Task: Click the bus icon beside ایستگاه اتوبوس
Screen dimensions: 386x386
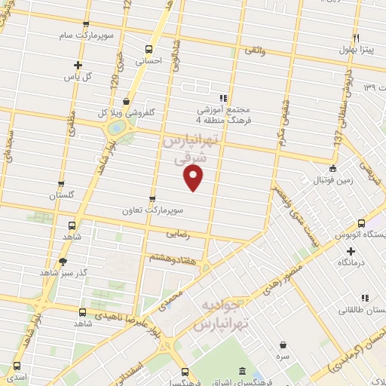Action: pyautogui.click(x=361, y=223)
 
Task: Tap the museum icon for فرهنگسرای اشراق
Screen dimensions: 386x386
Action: pyautogui.click(x=240, y=372)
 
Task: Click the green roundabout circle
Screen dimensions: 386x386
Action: pyautogui.click(x=115, y=128)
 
